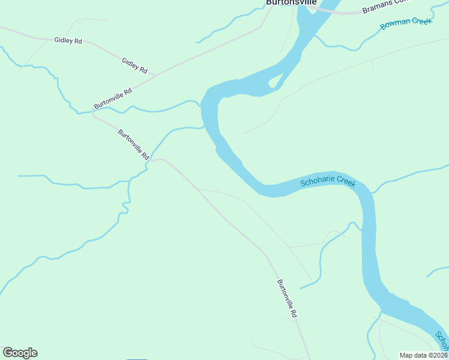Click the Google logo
[20, 353]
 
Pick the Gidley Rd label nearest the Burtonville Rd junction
[134, 65]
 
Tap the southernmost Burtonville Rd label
[287, 298]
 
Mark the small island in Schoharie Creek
[275, 83]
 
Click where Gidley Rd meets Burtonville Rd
[155, 76]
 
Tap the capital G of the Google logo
[8, 353]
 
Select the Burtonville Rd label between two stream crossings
[133, 145]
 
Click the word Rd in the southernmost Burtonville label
[294, 313]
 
